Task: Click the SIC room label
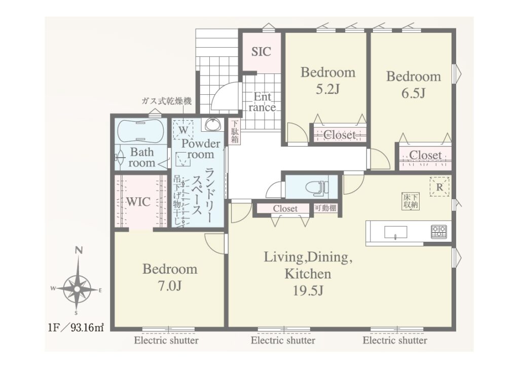tap(261, 52)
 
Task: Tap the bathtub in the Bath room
tap(141, 130)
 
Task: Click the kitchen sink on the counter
tap(395, 232)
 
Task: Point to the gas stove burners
tap(439, 232)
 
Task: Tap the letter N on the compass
tap(79, 250)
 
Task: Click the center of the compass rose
tap(77, 289)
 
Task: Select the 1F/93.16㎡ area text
tap(76, 328)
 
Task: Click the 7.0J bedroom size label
tap(170, 285)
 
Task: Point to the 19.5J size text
tap(308, 290)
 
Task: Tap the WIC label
tap(138, 202)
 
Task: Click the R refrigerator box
tap(439, 187)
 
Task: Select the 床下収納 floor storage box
tap(411, 201)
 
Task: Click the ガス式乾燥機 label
tap(166, 101)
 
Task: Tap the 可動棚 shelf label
tap(325, 208)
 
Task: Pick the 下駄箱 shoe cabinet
tap(235, 132)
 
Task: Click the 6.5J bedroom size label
tap(414, 93)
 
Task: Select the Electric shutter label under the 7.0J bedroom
tap(166, 341)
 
